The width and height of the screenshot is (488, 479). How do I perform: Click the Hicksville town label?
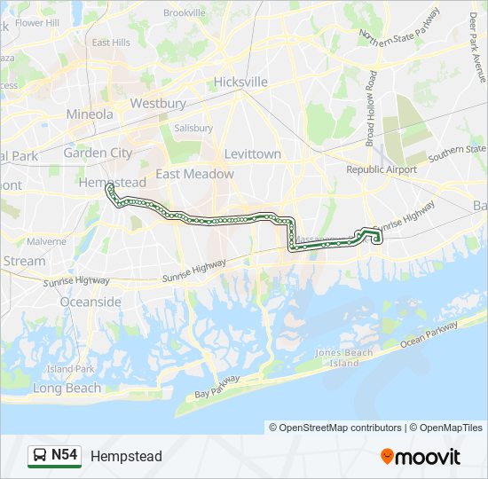coord(240,82)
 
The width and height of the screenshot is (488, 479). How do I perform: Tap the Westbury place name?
coord(158,103)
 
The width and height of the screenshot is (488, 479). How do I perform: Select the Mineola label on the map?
coord(90,114)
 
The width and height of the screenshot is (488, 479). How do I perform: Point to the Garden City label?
coord(98,153)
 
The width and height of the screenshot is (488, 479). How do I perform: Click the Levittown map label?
coord(253,153)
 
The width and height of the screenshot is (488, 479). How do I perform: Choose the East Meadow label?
coord(195,174)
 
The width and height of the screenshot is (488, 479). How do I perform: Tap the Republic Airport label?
coord(381,169)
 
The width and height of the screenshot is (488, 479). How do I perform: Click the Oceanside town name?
coord(91,302)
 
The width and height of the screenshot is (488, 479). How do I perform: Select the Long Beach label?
coord(67,389)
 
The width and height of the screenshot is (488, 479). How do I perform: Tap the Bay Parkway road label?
coord(217,386)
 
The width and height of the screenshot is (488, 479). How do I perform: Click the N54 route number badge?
coord(64,455)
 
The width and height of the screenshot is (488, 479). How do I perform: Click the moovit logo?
coord(421,456)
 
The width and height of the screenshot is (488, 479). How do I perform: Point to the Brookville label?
coord(185,12)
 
